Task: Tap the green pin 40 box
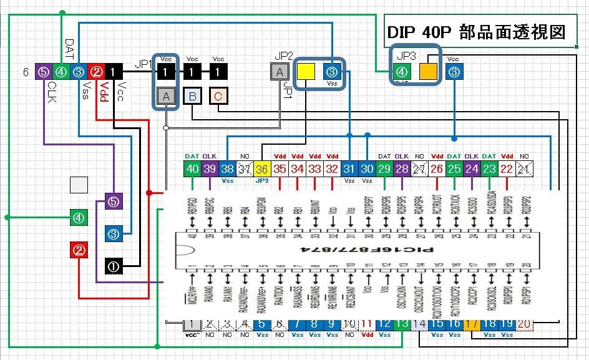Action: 192,168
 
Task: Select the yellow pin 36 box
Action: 262,168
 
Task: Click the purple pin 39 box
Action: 210,168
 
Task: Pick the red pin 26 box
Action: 437,168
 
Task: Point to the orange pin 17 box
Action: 472,324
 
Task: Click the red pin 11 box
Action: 367,324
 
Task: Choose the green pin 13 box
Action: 402,324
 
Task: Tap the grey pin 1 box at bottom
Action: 192,324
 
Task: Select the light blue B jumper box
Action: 192,95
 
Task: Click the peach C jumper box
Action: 218,95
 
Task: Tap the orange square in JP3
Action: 428,72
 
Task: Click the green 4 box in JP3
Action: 402,72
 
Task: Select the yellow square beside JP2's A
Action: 306,72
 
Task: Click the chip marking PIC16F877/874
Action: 361,249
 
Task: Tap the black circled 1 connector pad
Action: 114,266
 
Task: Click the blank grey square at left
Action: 79,185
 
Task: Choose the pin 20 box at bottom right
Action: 525,324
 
